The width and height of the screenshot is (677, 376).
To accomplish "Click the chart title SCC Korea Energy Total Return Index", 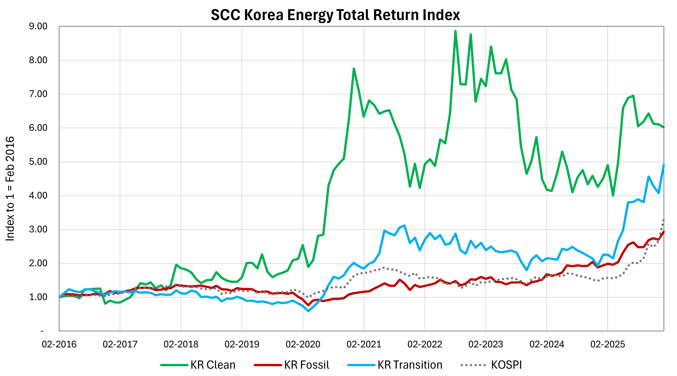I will [335, 15].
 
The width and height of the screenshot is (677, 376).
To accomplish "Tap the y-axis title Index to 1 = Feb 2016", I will [10, 189].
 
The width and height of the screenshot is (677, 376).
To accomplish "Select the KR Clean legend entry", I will [198, 365].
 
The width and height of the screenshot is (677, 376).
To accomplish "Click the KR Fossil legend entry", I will [292, 365].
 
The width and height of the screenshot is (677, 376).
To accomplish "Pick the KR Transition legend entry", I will [395, 365].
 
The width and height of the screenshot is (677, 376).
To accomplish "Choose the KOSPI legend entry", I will [491, 365].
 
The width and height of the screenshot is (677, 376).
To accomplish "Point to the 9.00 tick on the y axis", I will [38, 26].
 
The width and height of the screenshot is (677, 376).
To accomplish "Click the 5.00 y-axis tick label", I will [38, 161].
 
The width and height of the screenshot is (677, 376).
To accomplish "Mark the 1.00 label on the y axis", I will [38, 297].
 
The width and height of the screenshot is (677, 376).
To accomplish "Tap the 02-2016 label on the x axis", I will [59, 344].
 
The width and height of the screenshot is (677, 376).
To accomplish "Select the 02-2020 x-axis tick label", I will [303, 344].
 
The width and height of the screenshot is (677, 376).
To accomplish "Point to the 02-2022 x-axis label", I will [425, 344].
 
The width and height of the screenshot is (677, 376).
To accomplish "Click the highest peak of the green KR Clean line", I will [455, 31].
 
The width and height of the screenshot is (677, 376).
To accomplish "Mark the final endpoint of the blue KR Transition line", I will [664, 165].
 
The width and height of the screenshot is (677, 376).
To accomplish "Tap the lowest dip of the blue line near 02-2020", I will [308, 311].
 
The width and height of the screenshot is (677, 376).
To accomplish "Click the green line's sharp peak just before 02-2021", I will [354, 69].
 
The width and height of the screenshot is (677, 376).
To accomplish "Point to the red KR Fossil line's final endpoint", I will [664, 232].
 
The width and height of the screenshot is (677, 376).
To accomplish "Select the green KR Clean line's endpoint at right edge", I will [664, 128].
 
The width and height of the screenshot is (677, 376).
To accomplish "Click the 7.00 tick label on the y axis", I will [38, 94].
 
